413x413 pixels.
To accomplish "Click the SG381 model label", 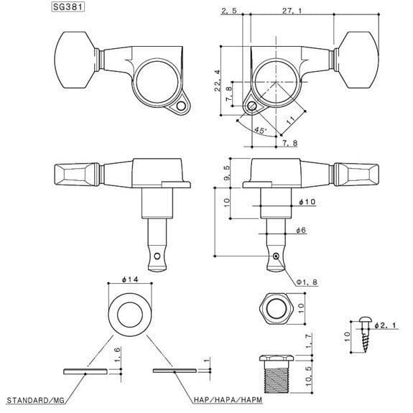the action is pos(68,7).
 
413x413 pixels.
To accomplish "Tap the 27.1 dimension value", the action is pos(292,11).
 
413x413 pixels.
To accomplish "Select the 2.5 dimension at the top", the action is pos(229,11).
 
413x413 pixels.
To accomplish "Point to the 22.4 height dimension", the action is pos(218,80).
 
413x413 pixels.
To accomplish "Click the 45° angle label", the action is pos(260,130).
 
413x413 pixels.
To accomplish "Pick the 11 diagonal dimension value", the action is pos(291,121).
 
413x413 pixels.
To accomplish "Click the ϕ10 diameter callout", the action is pos(307,202).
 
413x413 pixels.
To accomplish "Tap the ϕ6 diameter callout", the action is pos(301,231).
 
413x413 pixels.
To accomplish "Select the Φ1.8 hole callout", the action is pos(307,282).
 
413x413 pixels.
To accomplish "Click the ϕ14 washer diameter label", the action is pos(130,279).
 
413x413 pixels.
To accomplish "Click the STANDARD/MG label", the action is pos(36,400).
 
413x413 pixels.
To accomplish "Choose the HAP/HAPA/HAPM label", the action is pos(228,400).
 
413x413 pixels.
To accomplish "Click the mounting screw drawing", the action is pos(365,335).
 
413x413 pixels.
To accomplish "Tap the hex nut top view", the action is pos(277,308).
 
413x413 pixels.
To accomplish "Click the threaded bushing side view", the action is pos(277,373).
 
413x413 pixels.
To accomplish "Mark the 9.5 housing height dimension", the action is pos(227,173).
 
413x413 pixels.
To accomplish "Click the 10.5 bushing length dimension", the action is pos(308,376).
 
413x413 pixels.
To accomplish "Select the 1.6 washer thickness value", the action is pos(118,354).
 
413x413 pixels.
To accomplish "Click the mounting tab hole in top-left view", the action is pos(181,106).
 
